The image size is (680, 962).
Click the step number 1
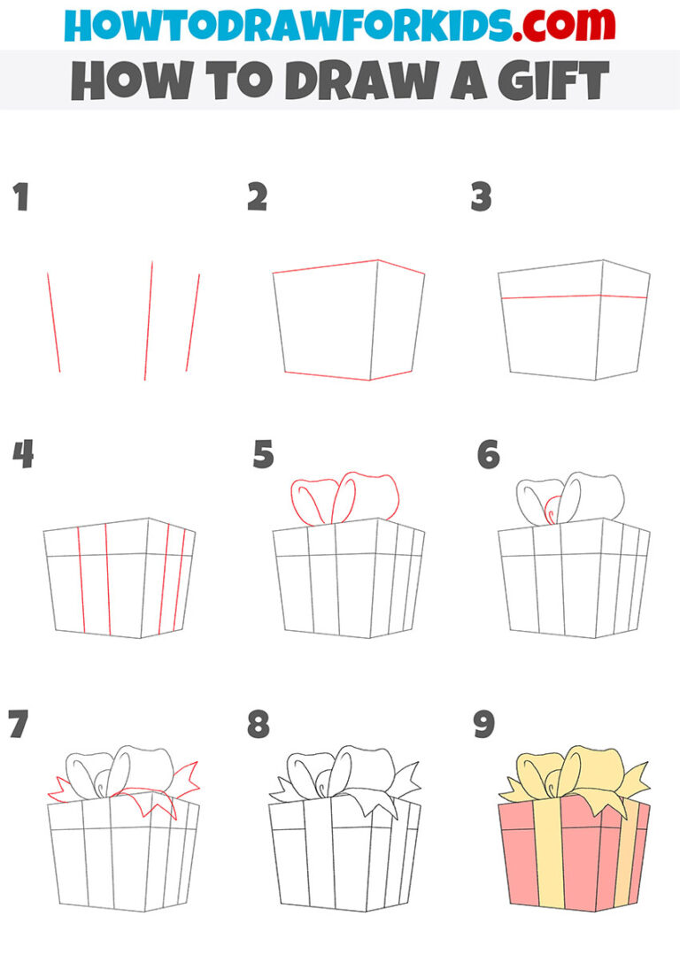(20, 197)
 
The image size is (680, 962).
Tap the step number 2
(257, 197)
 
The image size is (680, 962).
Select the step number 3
(480, 197)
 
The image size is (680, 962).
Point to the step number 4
(22, 456)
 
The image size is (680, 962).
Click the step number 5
(263, 456)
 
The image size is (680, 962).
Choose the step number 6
(488, 456)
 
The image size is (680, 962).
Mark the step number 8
(258, 724)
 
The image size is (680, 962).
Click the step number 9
(484, 724)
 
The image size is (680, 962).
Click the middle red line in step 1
(149, 320)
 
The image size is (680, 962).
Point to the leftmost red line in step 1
(54, 322)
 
